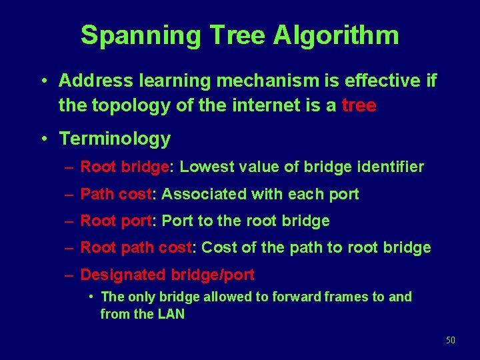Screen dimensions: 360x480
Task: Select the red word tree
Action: [x=359, y=105]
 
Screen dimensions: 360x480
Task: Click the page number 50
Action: [x=450, y=341]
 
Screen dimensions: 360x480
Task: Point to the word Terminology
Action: [x=115, y=139]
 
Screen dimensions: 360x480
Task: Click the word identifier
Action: [x=390, y=167]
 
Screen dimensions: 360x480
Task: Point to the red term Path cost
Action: [x=116, y=194]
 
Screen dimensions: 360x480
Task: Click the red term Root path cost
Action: [x=136, y=248]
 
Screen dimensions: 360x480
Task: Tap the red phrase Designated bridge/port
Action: [x=167, y=275]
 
